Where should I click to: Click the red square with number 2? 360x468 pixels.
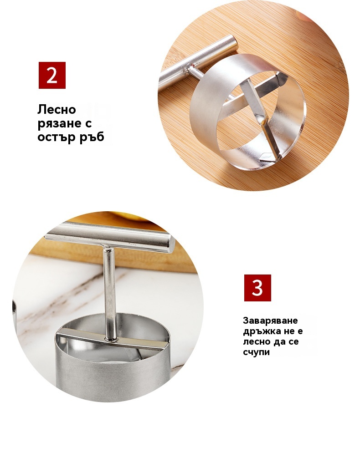[x=52, y=75]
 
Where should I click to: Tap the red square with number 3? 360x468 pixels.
[x=257, y=288]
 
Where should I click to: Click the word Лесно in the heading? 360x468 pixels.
[x=57, y=109]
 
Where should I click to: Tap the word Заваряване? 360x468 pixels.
[x=270, y=320]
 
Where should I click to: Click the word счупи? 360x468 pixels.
[x=257, y=352]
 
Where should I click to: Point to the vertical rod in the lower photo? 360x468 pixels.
[x=109, y=292]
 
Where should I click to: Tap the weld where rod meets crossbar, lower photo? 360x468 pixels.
[x=111, y=339]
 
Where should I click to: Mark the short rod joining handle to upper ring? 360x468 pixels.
[x=195, y=73]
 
